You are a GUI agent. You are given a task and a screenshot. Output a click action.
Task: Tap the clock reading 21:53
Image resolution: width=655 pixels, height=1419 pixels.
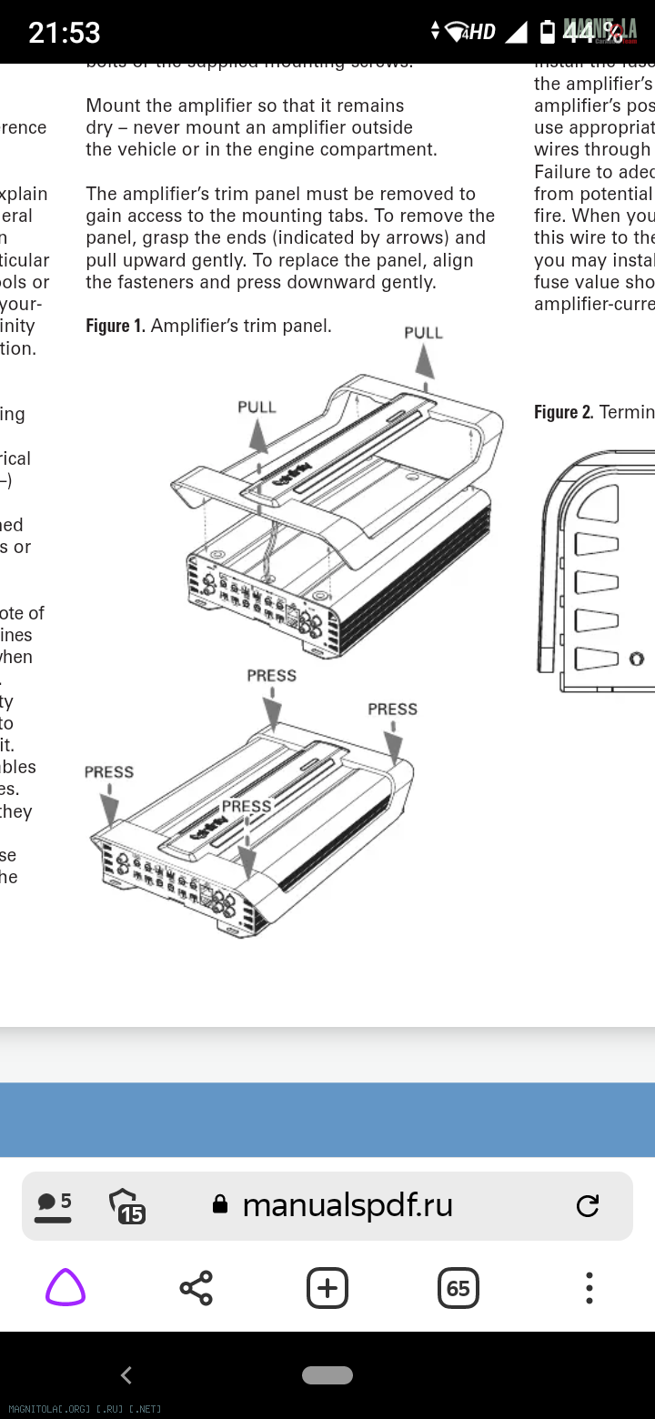[64, 33]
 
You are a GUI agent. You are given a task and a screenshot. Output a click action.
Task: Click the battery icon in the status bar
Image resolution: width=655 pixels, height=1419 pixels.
[548, 33]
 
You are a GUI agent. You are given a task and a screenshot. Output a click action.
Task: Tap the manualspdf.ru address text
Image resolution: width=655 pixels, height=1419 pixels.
[348, 1205]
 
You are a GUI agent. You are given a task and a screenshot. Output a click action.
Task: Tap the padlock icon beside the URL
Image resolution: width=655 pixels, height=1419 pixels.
[219, 1205]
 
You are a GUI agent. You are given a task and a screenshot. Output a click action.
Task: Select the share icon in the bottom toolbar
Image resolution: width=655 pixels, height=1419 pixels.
[196, 1288]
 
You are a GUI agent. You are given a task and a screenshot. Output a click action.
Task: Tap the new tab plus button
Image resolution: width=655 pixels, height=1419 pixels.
[327, 1288]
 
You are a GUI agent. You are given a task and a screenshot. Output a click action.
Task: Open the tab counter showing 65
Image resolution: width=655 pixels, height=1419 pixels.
[458, 1288]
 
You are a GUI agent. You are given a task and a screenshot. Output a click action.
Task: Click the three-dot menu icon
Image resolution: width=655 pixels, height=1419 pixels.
[589, 1288]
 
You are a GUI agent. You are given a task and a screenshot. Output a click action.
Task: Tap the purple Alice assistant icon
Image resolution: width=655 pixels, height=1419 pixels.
[65, 1288]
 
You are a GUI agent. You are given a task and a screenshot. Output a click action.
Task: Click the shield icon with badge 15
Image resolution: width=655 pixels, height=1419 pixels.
[126, 1206]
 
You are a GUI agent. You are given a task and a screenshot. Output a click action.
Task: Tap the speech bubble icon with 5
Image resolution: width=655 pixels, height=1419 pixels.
[54, 1206]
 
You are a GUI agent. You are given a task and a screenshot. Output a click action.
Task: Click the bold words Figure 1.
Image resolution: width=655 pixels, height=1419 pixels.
[116, 326]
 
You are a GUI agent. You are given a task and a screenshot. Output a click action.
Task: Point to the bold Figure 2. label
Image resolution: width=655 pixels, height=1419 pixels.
[563, 412]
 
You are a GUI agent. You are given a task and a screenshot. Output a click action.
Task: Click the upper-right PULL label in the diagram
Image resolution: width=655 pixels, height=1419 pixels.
[423, 333]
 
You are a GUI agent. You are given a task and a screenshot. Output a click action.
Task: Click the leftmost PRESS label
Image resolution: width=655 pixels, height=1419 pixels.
[109, 772]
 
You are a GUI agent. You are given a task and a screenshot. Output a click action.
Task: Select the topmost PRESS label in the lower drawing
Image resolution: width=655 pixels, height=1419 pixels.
[271, 676]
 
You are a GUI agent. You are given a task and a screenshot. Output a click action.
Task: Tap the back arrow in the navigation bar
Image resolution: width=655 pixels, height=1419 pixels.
[126, 1374]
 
